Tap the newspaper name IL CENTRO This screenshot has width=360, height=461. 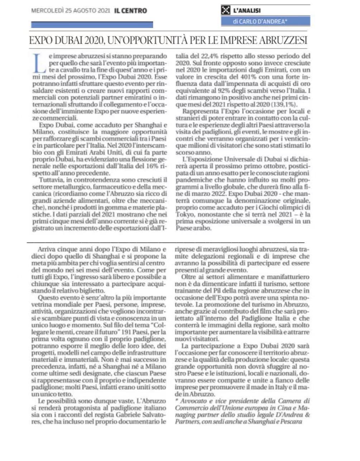(131, 10)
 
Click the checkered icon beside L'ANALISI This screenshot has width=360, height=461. (226, 11)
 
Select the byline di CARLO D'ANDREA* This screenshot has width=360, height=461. (260, 22)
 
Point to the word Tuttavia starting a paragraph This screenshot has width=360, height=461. (51, 180)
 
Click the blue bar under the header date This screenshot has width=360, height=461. (92, 25)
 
